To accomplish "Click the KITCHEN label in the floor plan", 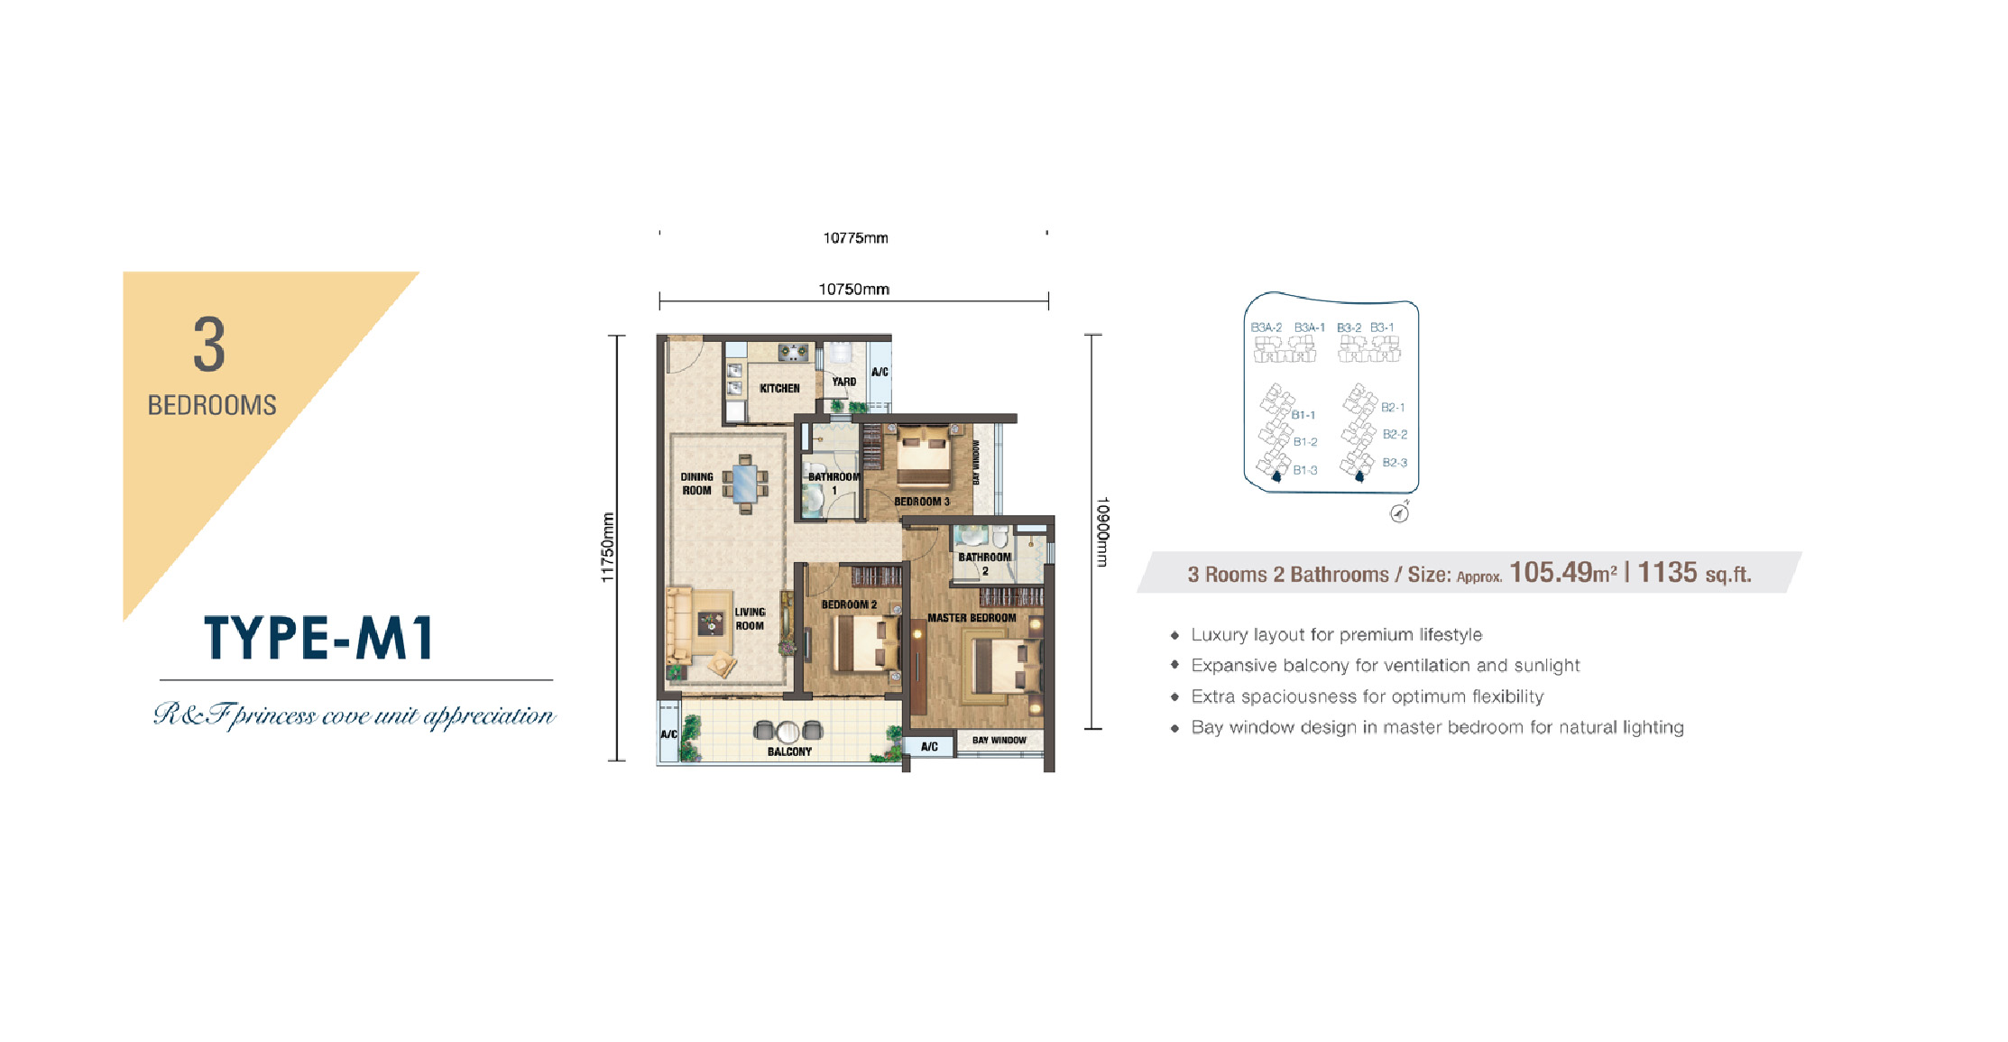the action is point(779,388).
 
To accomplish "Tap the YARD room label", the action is point(844,382).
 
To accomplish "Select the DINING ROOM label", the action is point(696,484).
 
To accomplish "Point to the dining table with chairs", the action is point(745,484).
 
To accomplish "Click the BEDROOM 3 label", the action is point(922,502).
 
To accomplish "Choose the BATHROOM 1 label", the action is point(834,484).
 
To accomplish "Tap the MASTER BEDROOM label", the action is point(972,618).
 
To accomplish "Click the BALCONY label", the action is point(789,752).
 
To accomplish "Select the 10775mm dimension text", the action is point(855,238).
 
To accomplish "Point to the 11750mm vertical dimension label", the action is point(608,548).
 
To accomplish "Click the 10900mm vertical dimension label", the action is point(1102,532).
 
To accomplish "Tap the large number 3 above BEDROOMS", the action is point(209,345).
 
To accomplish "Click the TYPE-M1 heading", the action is point(319,638).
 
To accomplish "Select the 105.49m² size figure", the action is point(1563,572).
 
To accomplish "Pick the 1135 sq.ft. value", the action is point(1694,572).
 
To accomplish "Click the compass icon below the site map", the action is point(1400,512).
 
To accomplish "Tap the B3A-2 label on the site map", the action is point(1266,327).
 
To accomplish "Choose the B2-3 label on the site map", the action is point(1395,463).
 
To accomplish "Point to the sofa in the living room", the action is point(678,626).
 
